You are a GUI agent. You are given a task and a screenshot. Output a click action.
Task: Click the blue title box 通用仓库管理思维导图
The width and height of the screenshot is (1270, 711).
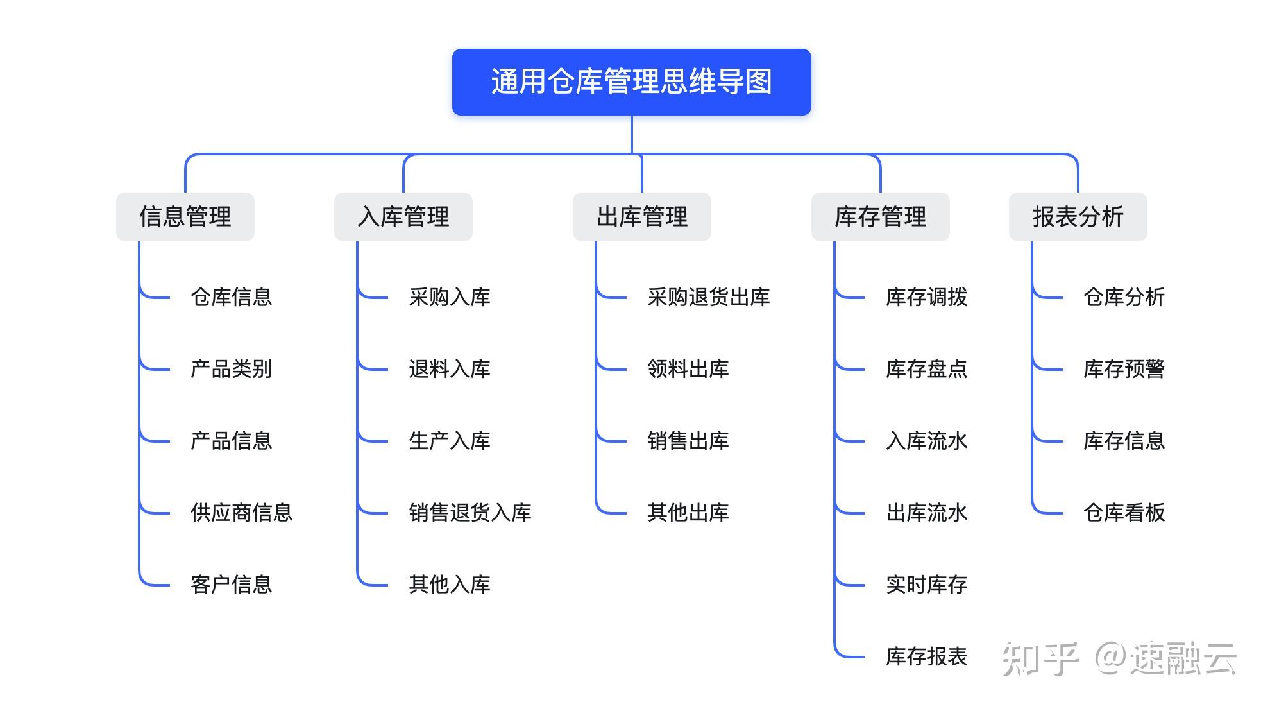[631, 82]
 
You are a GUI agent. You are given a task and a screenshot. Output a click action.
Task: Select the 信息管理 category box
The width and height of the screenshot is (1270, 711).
[185, 217]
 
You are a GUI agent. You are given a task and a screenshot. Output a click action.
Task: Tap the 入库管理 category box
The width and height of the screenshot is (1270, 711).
[403, 217]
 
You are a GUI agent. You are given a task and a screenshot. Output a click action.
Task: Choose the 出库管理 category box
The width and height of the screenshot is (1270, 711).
[641, 217]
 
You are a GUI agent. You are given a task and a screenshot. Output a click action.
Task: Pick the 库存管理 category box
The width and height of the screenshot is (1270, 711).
[880, 217]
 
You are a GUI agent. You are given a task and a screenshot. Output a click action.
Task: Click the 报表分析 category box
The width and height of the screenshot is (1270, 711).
[1078, 217]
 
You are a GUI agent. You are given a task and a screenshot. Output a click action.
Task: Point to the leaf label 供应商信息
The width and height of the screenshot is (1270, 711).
[241, 513]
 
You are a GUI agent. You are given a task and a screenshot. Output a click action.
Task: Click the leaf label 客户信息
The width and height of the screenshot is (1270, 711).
[231, 585]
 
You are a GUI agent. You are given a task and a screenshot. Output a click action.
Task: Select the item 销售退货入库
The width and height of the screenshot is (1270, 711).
[470, 513]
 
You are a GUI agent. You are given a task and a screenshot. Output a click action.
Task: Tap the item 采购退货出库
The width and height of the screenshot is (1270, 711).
[708, 297]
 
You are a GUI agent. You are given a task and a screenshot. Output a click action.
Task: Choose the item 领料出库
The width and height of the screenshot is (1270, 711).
[688, 369]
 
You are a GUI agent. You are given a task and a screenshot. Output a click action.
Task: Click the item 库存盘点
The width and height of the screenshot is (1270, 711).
[926, 369]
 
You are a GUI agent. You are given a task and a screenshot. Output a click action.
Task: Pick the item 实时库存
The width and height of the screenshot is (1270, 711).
[926, 585]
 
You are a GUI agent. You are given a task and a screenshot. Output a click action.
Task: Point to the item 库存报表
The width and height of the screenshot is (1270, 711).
[926, 656]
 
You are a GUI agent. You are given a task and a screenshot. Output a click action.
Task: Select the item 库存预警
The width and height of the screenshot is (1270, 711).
[1124, 369]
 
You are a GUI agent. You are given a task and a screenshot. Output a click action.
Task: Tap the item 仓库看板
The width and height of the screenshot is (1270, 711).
[1124, 513]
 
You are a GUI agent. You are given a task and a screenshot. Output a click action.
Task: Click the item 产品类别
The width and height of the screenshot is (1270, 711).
[231, 369]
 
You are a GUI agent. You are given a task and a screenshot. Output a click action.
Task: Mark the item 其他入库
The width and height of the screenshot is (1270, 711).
[449, 585]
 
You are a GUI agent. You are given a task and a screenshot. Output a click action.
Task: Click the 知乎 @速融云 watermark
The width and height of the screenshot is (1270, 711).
[1119, 658]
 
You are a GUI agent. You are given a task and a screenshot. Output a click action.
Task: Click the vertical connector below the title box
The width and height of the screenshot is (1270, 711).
[632, 135]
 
